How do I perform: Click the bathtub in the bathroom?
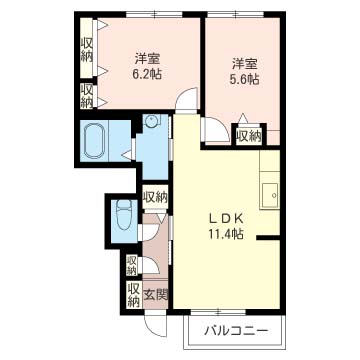(95, 141)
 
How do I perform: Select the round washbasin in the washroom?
(152, 121)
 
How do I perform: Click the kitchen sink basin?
(269, 196)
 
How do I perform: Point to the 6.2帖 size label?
(147, 74)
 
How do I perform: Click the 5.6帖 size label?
(245, 79)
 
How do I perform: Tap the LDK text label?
(226, 219)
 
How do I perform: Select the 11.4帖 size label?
(226, 234)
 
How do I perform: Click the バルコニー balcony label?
(236, 331)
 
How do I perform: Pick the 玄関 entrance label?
(155, 295)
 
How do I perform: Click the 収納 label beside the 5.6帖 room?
(249, 136)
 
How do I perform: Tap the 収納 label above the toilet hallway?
(155, 198)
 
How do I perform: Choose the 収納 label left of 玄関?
(133, 294)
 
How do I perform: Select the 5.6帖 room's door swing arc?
(221, 127)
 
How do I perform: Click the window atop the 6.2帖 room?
(155, 14)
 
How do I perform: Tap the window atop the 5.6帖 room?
(236, 14)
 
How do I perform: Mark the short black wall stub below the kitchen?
(268, 237)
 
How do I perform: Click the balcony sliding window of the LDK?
(218, 312)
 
